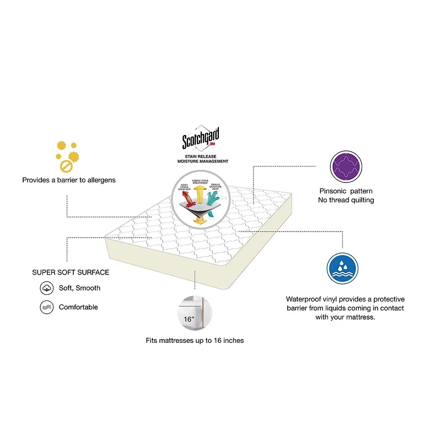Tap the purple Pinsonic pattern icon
(346, 166)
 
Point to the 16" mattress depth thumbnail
(191, 311)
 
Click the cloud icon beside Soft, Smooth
(46, 288)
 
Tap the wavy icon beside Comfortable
(46, 307)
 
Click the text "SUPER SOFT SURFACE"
(71, 272)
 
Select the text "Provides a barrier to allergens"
(69, 180)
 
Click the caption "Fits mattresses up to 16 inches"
(195, 341)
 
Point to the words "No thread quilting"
(346, 200)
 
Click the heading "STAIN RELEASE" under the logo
(202, 157)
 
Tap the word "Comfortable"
(78, 307)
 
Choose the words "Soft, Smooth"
(79, 288)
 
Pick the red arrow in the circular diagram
(187, 200)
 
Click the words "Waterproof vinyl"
(306, 298)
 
